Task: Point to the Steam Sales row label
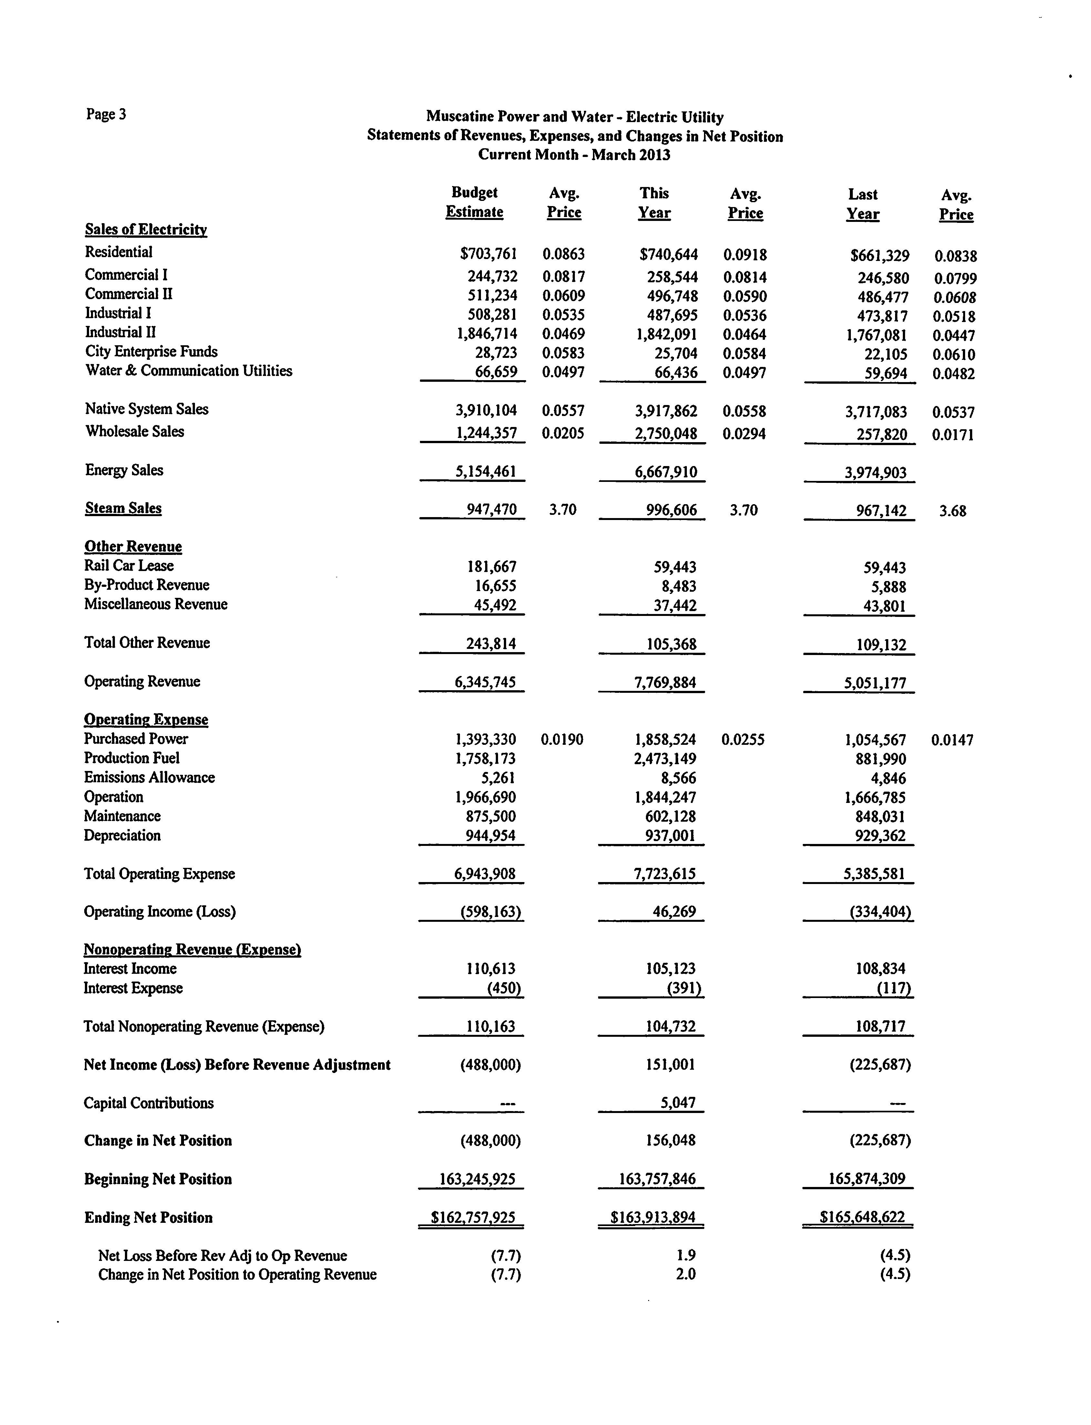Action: coord(123,508)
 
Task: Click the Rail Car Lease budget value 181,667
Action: coord(492,567)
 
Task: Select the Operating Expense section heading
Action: coord(146,719)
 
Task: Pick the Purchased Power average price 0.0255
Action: coord(743,739)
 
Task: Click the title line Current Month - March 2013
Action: coord(574,155)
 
